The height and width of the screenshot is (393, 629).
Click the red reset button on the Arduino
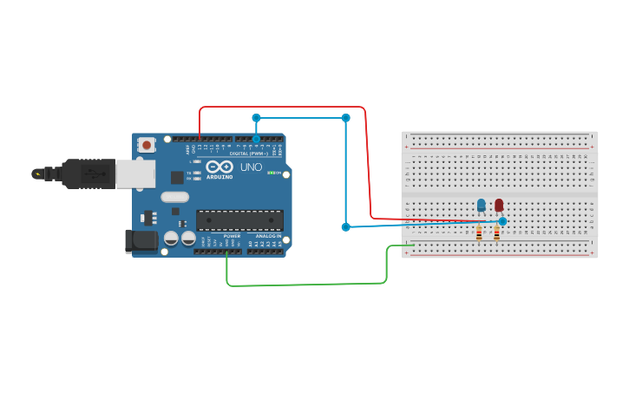[147, 145]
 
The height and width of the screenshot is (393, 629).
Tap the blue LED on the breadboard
[482, 205]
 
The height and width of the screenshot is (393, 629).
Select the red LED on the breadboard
[499, 205]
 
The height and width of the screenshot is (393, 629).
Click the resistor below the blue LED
[479, 233]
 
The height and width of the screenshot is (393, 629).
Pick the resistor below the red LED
[496, 233]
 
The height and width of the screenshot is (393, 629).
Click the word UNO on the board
[251, 167]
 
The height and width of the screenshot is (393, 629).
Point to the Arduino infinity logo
[219, 167]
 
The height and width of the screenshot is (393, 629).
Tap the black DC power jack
[141, 241]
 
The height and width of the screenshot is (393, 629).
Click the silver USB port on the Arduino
[135, 174]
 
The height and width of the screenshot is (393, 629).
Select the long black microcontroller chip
[239, 220]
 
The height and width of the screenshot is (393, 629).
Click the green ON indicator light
[272, 173]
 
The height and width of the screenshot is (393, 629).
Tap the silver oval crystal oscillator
[174, 196]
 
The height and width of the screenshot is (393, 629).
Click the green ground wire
[304, 284]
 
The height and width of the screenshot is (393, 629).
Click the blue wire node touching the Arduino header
[256, 138]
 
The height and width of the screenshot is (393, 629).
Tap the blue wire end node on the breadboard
[502, 221]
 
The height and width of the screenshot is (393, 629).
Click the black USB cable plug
[87, 174]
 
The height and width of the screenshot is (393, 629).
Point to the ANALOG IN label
[265, 236]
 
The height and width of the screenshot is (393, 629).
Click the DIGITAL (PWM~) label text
[250, 154]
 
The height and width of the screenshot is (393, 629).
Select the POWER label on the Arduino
[232, 236]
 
